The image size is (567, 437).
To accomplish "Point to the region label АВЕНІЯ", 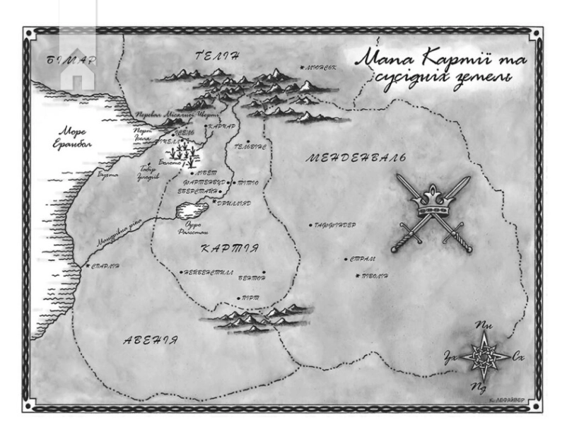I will click(150, 340).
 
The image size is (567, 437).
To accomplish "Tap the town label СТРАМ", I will click(363, 260).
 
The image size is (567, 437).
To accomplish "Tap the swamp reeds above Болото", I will click(185, 151).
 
